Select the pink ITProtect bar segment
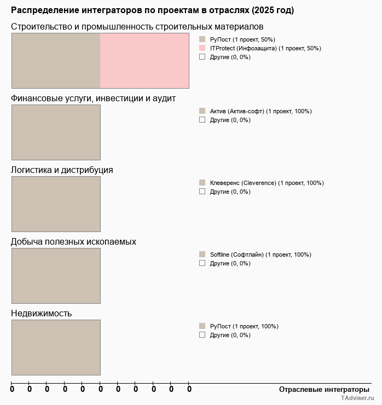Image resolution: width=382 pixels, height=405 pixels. coord(144,61)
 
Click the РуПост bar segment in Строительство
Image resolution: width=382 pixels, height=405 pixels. coord(56,61)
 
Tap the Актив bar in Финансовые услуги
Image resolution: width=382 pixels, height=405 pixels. coord(56,132)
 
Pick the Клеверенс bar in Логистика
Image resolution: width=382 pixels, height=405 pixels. coord(56,204)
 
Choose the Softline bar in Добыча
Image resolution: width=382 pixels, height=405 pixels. coord(56,276)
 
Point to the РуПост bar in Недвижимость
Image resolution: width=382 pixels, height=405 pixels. coord(56,348)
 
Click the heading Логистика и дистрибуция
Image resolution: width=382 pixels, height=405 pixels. coord(62,170)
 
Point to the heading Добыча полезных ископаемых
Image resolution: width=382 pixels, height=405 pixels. coord(73,241)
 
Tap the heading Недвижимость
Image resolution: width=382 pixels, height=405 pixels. coord(42,313)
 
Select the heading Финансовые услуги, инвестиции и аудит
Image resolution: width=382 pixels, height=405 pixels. coord(93,98)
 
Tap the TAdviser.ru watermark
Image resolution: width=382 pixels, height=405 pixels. coord(357,399)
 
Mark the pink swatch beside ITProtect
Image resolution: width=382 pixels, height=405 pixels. coord(202,48)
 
